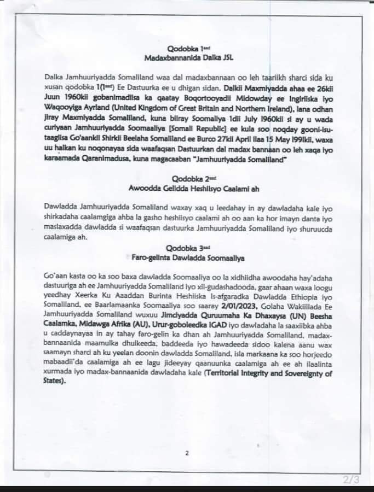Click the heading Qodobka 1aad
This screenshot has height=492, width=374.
click(x=186, y=49)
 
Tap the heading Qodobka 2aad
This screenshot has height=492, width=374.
click(x=186, y=178)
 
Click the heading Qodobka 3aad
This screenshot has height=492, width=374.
click(x=186, y=248)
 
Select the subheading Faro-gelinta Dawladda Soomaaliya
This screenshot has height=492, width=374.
click(x=186, y=256)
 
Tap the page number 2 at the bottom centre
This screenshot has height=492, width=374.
click(x=187, y=453)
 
